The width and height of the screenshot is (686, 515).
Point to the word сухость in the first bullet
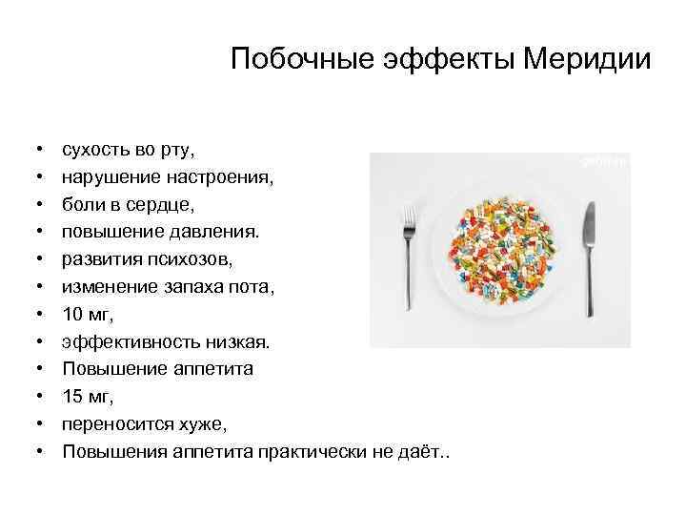95,150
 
